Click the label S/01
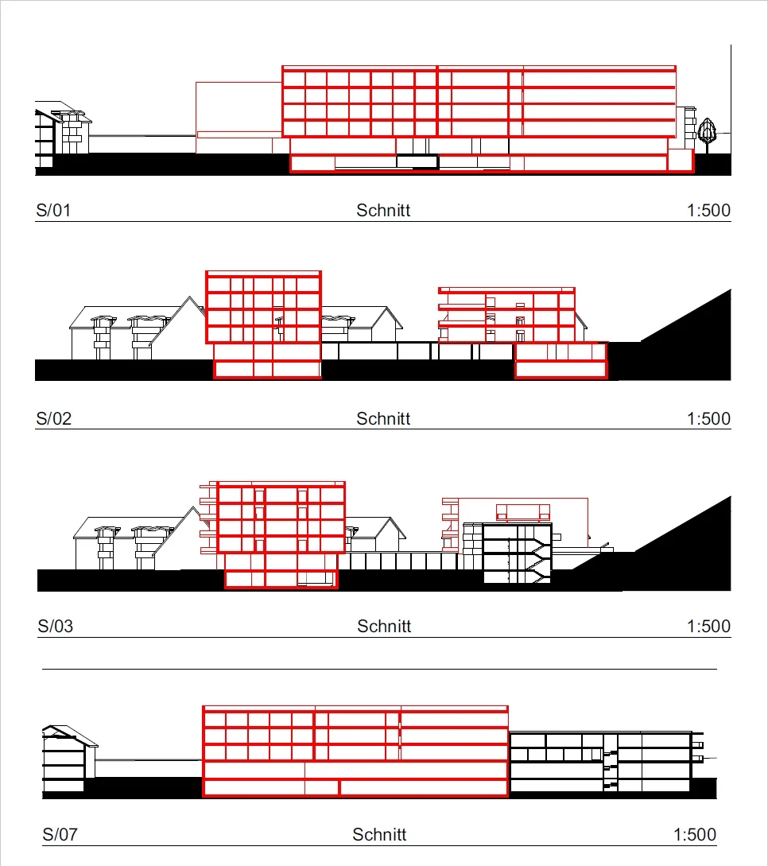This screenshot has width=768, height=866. pyautogui.click(x=54, y=211)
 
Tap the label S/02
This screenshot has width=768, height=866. pyautogui.click(x=54, y=418)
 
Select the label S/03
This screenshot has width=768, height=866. pyautogui.click(x=56, y=626)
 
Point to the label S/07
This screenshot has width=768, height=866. pyautogui.click(x=60, y=834)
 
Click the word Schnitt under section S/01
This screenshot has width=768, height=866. pyautogui.click(x=383, y=211)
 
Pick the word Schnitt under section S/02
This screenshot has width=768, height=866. pyautogui.click(x=383, y=418)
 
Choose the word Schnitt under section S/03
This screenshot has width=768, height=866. pyautogui.click(x=384, y=626)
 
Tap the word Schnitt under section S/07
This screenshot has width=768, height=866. pyautogui.click(x=379, y=834)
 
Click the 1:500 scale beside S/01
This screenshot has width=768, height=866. pyautogui.click(x=708, y=211)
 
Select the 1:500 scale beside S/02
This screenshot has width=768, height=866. pyautogui.click(x=708, y=418)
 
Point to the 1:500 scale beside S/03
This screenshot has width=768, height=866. pyautogui.click(x=708, y=626)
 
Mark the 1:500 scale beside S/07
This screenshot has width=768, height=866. pyautogui.click(x=694, y=834)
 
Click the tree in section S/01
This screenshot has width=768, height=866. pyautogui.click(x=707, y=133)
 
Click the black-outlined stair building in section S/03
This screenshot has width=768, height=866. pyautogui.click(x=517, y=553)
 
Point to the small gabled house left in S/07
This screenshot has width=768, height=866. pyautogui.click(x=66, y=759)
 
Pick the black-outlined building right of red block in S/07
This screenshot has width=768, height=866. pyautogui.click(x=600, y=763)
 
